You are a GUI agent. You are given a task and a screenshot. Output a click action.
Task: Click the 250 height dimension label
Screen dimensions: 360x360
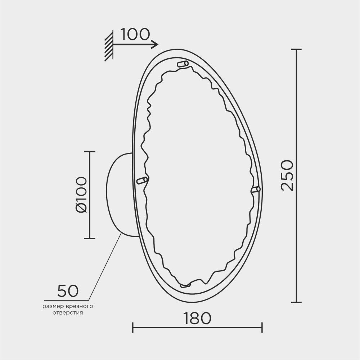(288, 175)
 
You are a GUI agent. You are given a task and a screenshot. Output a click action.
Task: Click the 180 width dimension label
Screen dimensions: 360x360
(197, 318)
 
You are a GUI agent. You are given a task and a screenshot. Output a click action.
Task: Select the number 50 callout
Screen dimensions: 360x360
(68, 291)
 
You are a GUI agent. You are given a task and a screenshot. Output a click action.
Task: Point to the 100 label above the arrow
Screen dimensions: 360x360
(135, 34)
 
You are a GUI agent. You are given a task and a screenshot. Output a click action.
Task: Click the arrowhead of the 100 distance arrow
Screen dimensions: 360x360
(155, 45)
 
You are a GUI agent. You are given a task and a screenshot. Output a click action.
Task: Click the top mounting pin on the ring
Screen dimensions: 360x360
(183, 64)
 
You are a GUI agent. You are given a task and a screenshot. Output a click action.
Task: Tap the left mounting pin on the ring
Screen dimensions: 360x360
(142, 180)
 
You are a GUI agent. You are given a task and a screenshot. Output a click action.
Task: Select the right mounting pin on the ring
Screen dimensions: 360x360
(256, 189)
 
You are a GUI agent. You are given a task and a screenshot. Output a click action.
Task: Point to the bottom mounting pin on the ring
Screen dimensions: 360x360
(185, 285)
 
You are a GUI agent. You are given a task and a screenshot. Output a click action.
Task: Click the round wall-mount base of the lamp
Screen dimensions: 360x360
(121, 195)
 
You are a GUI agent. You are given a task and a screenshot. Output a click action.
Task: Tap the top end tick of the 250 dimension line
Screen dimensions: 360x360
(296, 49)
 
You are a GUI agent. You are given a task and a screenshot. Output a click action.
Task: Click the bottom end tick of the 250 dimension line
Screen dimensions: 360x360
(296, 302)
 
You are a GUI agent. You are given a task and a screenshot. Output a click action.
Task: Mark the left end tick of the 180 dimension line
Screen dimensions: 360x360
(133, 327)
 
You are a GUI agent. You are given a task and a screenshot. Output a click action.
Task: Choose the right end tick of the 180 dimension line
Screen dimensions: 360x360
(262, 327)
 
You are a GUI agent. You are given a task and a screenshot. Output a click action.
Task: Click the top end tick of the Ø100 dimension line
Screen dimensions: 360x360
(89, 152)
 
